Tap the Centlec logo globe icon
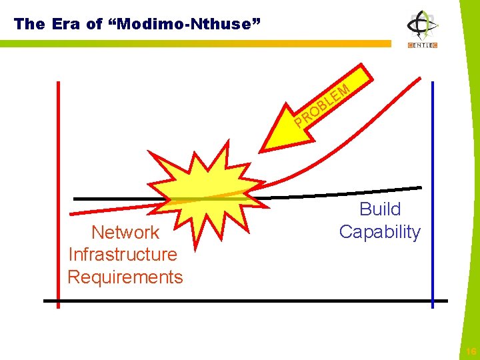423,25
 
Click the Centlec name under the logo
423,46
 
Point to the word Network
125,232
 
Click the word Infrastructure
123,254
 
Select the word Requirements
125,277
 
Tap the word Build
380,209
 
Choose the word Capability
380,232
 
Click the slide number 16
471,351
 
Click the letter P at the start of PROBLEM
299,122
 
